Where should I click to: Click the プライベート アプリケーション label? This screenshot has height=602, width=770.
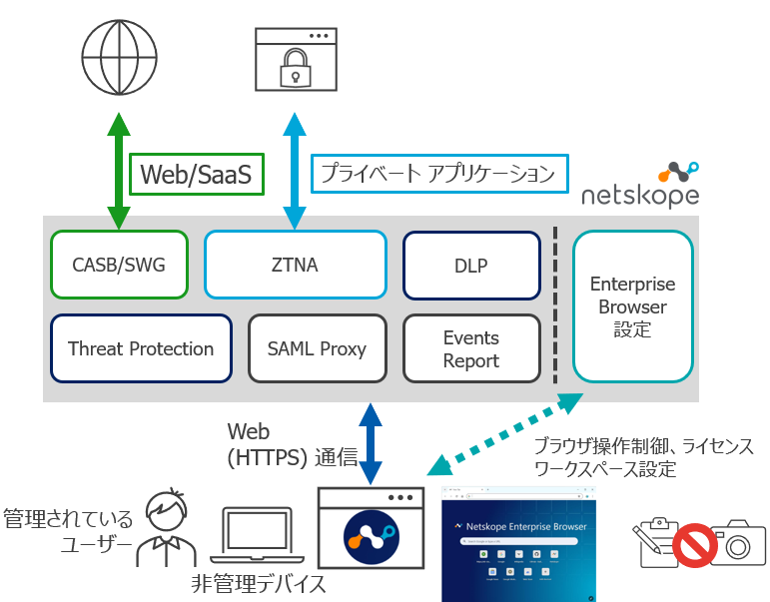point(438,174)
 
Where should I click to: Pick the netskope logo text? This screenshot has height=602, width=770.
point(640,195)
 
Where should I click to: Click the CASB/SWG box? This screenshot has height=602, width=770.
point(119,265)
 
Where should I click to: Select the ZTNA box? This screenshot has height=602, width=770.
point(295,265)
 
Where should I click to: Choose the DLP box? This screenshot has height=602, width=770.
point(471,265)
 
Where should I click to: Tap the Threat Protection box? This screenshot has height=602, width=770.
point(141,348)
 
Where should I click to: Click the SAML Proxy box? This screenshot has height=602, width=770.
point(317,348)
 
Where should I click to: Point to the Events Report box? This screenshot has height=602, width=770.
point(471,348)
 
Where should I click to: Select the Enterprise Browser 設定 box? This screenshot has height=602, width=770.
point(632,305)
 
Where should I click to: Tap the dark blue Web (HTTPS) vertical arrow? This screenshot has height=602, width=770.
point(371,442)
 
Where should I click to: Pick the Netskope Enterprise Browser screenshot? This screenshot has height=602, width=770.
point(518,544)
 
